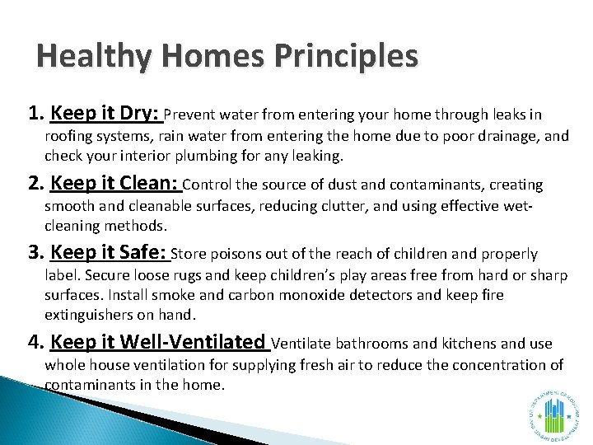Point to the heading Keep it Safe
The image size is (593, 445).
point(109,253)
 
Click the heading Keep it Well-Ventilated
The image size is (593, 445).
point(158,342)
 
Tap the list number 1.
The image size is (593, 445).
point(35,114)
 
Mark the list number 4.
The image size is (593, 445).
point(36,343)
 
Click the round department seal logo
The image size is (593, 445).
point(553,415)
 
